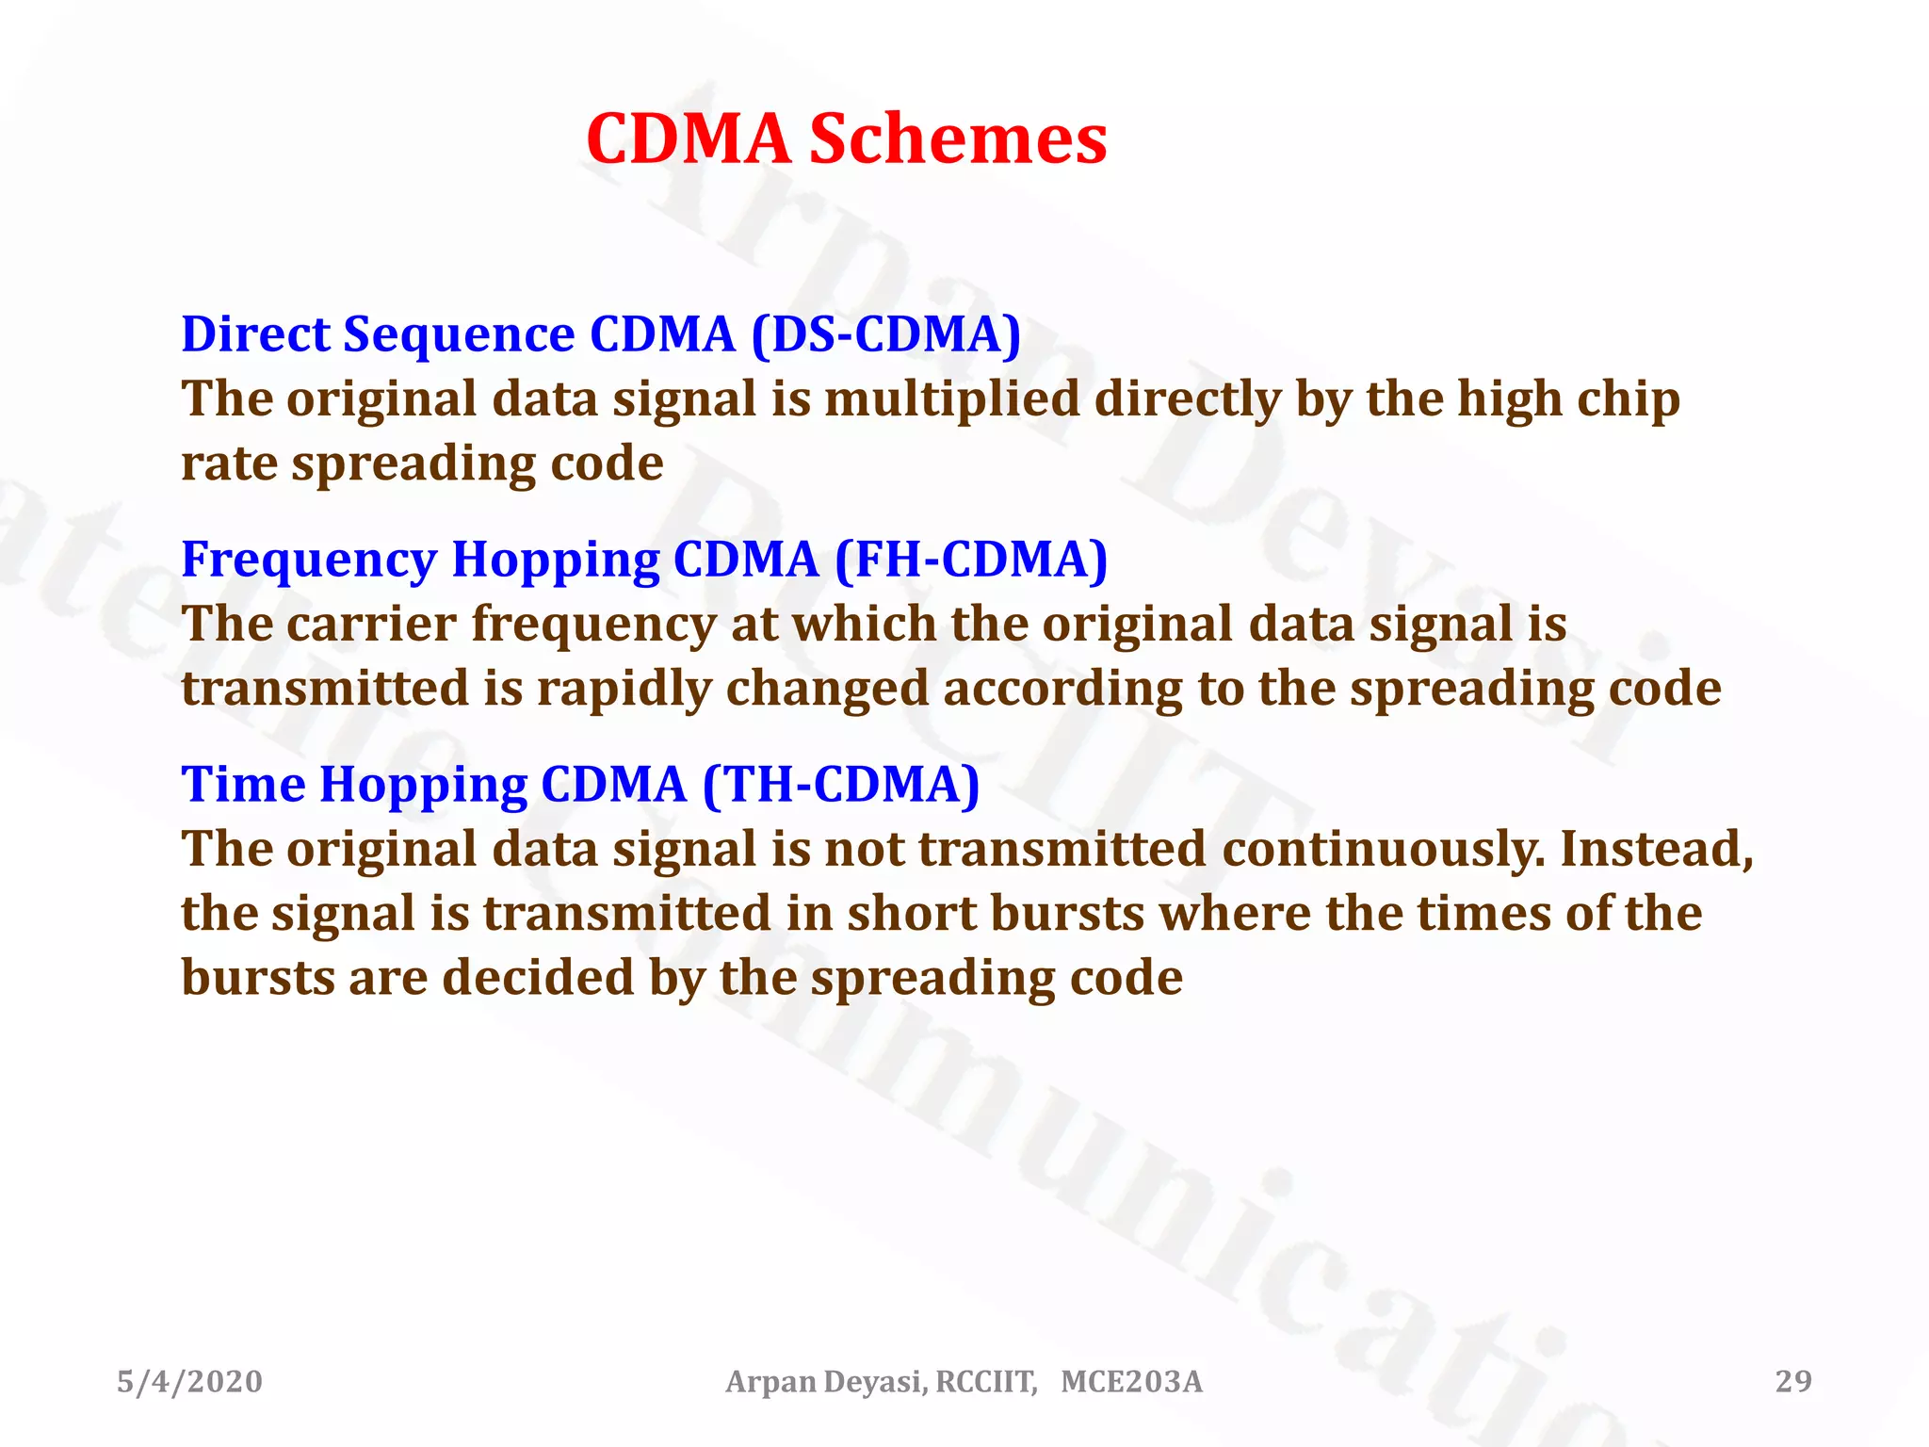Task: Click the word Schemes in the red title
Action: click(958, 139)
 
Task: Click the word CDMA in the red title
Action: click(689, 139)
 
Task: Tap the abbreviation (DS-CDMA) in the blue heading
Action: click(885, 334)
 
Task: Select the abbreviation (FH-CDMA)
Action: click(971, 560)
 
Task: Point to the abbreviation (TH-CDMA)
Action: click(841, 785)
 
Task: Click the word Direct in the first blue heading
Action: click(254, 334)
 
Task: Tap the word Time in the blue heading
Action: click(243, 785)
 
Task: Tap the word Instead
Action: click(1657, 850)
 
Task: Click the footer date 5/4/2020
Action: click(189, 1382)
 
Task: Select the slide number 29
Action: click(1793, 1382)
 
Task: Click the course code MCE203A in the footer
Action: click(1131, 1382)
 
